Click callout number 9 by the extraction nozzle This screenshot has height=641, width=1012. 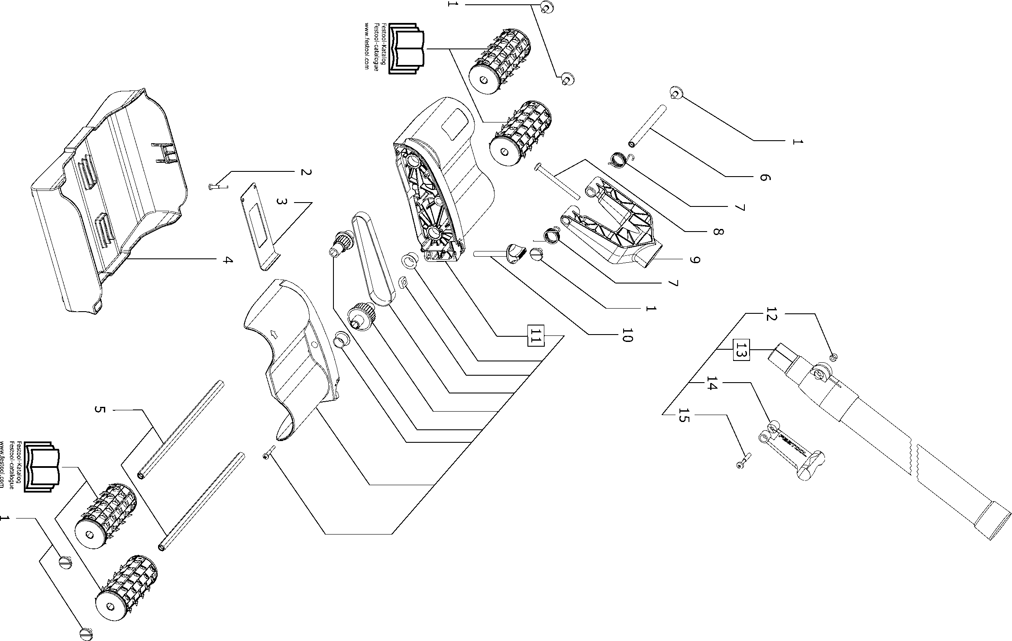click(695, 260)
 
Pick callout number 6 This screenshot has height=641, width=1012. click(765, 177)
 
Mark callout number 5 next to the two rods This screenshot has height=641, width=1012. click(100, 409)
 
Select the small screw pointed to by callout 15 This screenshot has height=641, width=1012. click(742, 462)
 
